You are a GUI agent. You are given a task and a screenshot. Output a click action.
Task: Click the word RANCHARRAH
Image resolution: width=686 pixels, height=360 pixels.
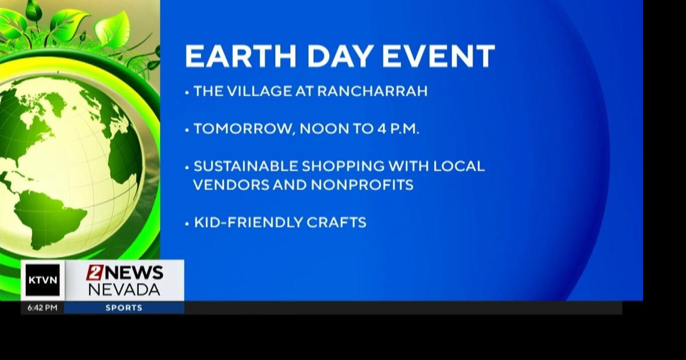[x=372, y=91]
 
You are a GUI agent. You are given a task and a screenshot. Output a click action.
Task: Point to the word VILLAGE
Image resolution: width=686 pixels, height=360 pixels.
[x=259, y=91]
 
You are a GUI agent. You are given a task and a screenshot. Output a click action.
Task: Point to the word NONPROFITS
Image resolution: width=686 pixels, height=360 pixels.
[x=362, y=185]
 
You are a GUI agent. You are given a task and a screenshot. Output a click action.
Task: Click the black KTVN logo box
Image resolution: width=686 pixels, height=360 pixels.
[x=42, y=280]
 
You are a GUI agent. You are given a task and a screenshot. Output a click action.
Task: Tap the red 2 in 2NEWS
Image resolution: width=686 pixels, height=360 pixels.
[x=94, y=273]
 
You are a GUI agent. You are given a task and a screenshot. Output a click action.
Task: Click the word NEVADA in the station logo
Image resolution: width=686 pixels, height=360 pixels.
[x=124, y=290]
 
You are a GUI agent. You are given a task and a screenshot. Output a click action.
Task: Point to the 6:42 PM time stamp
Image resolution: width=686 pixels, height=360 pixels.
[x=42, y=308]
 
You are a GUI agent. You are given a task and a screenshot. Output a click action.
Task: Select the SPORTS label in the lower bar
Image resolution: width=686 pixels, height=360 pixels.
[x=124, y=308]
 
